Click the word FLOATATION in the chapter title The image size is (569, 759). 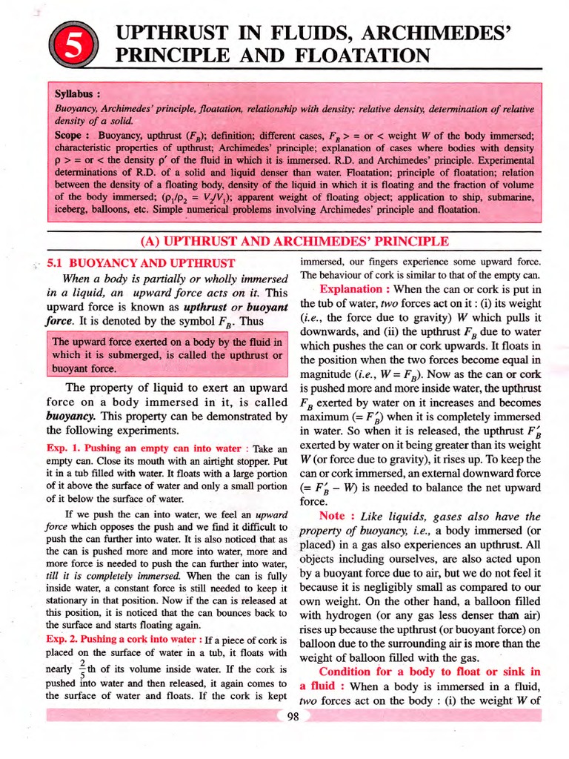(x=355, y=56)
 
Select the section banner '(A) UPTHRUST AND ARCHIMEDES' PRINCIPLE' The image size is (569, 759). (x=294, y=242)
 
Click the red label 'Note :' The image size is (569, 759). (x=339, y=516)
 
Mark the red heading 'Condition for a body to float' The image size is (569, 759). (x=430, y=672)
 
